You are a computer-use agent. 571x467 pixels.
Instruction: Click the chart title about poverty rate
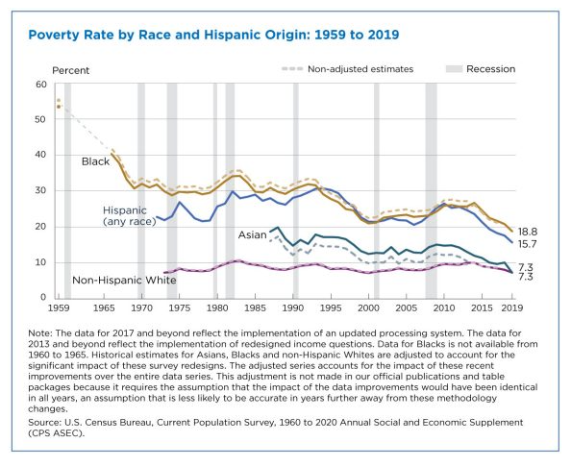click(213, 35)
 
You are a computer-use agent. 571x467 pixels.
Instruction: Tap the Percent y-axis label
click(70, 70)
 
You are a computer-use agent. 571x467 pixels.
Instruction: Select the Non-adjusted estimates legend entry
click(348, 69)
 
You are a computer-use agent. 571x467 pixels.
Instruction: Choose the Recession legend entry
click(481, 69)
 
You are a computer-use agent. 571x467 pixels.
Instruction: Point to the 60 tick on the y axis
click(41, 85)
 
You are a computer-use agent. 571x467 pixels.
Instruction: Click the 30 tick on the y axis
click(41, 190)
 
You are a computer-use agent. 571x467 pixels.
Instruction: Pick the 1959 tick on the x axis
click(59, 307)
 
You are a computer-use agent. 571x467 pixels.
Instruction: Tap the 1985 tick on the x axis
click(255, 307)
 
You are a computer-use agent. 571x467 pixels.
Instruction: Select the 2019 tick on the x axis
click(512, 307)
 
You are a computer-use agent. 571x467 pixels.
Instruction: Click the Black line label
click(95, 161)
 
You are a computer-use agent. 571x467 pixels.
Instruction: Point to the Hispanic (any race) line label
click(130, 215)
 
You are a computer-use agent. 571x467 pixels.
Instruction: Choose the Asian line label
click(253, 235)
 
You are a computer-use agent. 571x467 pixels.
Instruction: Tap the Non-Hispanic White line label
click(124, 280)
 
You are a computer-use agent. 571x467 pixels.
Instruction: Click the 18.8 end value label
click(528, 232)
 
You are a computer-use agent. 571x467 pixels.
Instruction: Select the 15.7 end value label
click(528, 243)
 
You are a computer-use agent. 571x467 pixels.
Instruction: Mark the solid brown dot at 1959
click(59, 107)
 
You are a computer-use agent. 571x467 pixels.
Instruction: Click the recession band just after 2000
click(377, 190)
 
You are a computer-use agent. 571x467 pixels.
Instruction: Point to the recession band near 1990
click(296, 190)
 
